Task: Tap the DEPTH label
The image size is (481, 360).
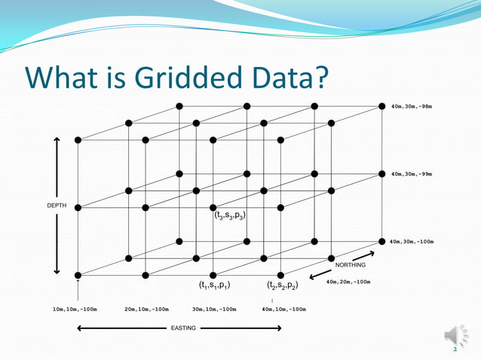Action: click(57, 205)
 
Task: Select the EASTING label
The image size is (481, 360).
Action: click(182, 328)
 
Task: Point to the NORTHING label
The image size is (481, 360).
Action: click(350, 265)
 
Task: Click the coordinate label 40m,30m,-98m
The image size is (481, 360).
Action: click(412, 106)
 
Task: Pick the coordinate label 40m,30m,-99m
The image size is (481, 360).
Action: click(412, 174)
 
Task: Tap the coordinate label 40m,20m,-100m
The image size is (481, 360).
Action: click(348, 282)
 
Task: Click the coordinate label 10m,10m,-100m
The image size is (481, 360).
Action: click(75, 309)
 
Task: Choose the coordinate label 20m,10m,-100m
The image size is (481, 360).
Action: click(146, 309)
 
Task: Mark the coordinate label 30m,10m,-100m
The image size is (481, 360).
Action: click(215, 309)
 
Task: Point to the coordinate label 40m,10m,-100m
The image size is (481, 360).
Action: click(283, 309)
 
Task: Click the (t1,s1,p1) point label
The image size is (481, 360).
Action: click(214, 285)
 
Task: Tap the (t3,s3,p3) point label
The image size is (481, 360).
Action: click(230, 215)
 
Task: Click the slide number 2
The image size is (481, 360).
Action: click(455, 349)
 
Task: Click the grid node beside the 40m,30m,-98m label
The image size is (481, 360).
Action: click(381, 106)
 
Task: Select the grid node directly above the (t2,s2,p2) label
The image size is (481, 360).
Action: click(280, 275)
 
